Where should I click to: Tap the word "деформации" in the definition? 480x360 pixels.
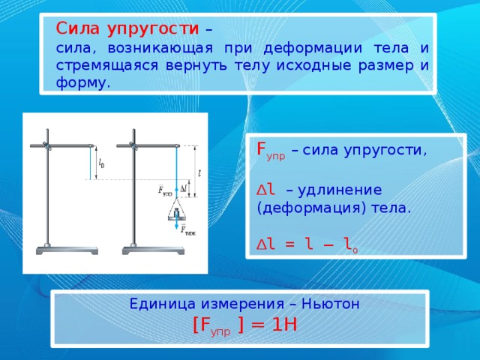pos(313,49)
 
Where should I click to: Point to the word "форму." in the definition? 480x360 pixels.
pos(82,83)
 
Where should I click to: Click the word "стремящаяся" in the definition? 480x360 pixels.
pos(107,67)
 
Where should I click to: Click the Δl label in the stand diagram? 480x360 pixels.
pos(184,188)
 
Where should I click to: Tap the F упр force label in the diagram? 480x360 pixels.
pos(165,190)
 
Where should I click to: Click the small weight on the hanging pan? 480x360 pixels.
pos(176,213)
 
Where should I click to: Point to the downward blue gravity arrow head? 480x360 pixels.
pos(176,226)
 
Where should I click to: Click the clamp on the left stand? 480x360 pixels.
pos(47,146)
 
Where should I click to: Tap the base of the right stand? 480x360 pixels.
pos(153,250)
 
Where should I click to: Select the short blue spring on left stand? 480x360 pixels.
pos(91,163)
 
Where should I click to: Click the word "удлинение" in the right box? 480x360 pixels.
pos(340,190)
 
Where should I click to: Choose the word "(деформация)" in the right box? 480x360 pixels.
pos(312,208)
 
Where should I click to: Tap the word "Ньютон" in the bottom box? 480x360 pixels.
pos(331,304)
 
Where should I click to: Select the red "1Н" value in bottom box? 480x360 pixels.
pos(284,325)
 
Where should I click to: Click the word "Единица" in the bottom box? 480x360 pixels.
pos(162,304)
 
